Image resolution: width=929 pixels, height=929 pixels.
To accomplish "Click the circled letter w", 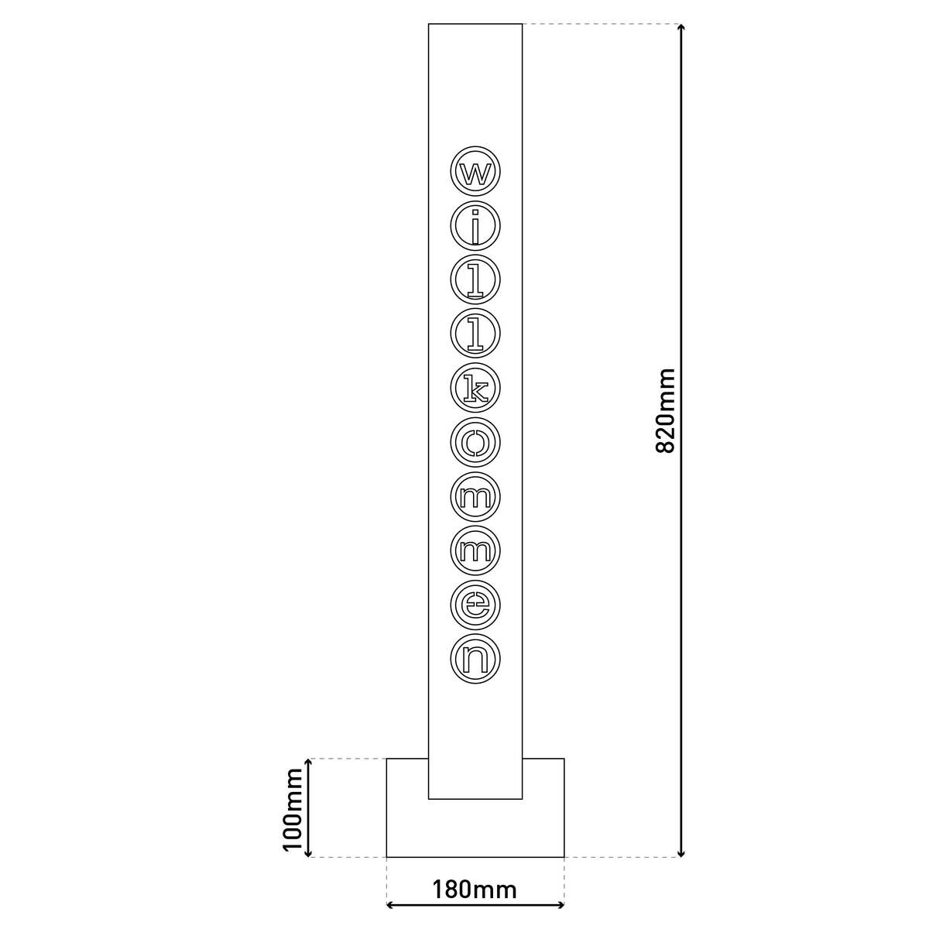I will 475,170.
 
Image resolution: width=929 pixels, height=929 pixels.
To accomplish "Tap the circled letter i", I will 475,225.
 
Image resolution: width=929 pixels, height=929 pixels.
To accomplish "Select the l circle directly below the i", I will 475,279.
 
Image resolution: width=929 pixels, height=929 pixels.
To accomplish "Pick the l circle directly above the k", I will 475,333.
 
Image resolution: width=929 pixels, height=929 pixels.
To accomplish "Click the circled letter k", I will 475,387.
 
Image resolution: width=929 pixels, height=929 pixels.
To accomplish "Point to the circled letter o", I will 475,441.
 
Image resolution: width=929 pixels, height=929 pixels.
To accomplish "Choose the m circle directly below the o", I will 475,495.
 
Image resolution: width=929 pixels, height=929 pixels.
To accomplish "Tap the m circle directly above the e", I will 475,550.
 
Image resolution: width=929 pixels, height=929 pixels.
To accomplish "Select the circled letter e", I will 475,604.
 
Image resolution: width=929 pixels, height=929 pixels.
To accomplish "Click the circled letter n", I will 475,658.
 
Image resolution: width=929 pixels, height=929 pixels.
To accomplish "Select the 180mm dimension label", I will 475,889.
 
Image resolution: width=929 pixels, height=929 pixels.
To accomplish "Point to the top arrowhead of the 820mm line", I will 681,30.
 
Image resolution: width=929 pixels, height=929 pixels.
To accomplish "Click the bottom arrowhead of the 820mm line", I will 681,851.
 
